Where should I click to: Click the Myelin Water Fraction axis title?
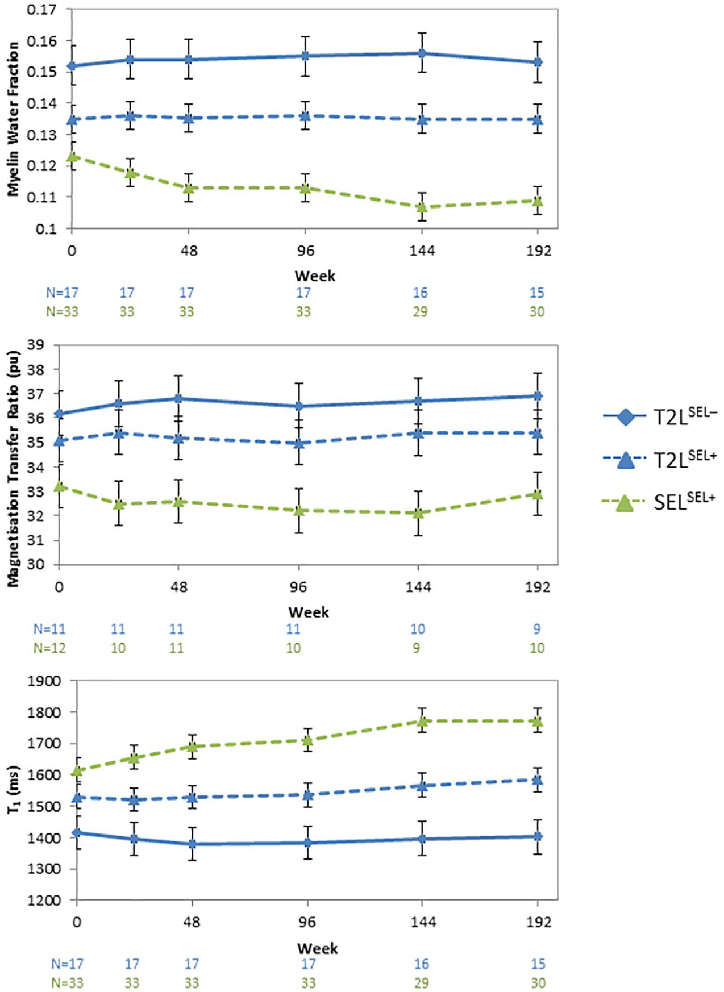tap(13, 119)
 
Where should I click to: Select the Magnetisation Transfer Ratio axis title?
tap(13, 469)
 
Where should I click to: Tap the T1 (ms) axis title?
tap(13, 790)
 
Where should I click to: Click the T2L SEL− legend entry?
tap(660, 417)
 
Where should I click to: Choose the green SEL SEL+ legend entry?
tap(660, 502)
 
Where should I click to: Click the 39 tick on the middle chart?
tap(44, 345)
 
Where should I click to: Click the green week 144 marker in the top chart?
tap(422, 207)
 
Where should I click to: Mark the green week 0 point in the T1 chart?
tap(77, 770)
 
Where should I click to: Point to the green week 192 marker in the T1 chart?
tap(538, 722)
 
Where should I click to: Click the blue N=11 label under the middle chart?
tap(49, 629)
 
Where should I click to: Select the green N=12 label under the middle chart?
tap(49, 648)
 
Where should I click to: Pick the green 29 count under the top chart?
tap(420, 311)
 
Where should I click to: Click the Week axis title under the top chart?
tap(315, 276)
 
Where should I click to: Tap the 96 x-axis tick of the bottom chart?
tap(307, 922)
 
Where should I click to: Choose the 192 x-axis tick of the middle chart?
tap(538, 586)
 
